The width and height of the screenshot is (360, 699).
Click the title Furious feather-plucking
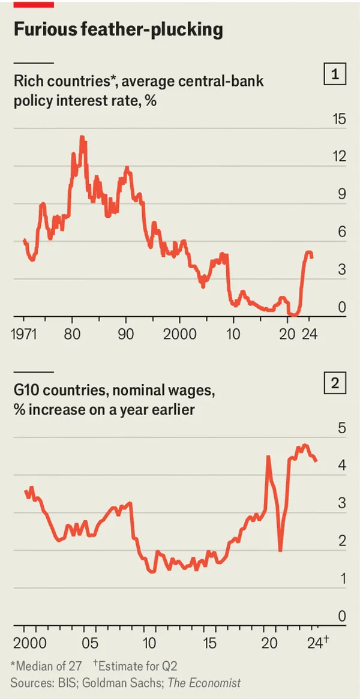(118, 29)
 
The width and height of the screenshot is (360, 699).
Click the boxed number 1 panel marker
(335, 75)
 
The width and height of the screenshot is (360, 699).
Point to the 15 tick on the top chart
(339, 119)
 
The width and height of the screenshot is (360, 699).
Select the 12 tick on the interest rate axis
(339, 157)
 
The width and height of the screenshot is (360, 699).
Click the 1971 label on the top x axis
(24, 334)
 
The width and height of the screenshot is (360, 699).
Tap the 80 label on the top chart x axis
(72, 334)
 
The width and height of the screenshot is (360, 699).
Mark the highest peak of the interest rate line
(82, 138)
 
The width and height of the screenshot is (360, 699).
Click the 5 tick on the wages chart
(342, 428)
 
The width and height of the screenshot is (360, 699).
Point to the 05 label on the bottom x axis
(89, 644)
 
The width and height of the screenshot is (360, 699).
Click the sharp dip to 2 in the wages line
(280, 550)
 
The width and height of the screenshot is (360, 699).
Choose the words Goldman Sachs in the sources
(118, 683)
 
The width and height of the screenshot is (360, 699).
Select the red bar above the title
(34, 4)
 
